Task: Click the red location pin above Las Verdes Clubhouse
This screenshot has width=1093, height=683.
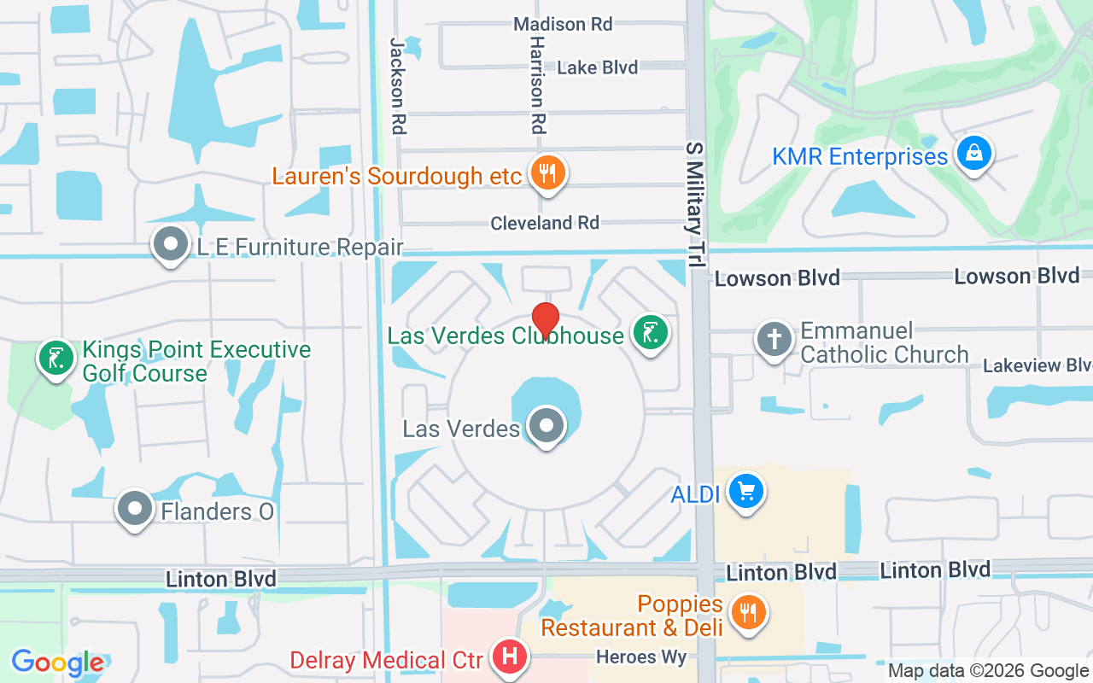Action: click(x=546, y=319)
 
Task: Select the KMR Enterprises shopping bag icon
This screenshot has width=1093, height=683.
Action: click(x=973, y=155)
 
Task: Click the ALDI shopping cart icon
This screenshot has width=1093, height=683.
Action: click(x=746, y=492)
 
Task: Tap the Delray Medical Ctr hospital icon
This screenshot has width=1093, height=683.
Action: click(x=511, y=658)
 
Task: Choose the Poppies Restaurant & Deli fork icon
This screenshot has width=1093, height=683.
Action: click(x=748, y=611)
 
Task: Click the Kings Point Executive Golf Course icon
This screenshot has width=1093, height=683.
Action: click(x=56, y=359)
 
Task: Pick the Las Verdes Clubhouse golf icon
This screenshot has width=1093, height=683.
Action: click(x=650, y=333)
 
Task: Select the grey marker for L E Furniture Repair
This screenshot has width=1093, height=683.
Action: click(x=171, y=244)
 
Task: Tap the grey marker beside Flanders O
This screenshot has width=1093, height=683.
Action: click(x=134, y=509)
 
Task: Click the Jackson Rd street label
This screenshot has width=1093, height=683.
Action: click(x=397, y=85)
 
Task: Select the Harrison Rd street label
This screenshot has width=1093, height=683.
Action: click(x=537, y=85)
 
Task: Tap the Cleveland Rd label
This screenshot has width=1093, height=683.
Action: click(x=545, y=223)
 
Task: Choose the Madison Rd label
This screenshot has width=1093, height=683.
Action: click(x=563, y=24)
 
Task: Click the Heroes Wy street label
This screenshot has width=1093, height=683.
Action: click(x=641, y=657)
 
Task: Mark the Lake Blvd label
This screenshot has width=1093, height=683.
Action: click(x=597, y=67)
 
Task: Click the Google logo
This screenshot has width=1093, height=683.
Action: click(x=57, y=663)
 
